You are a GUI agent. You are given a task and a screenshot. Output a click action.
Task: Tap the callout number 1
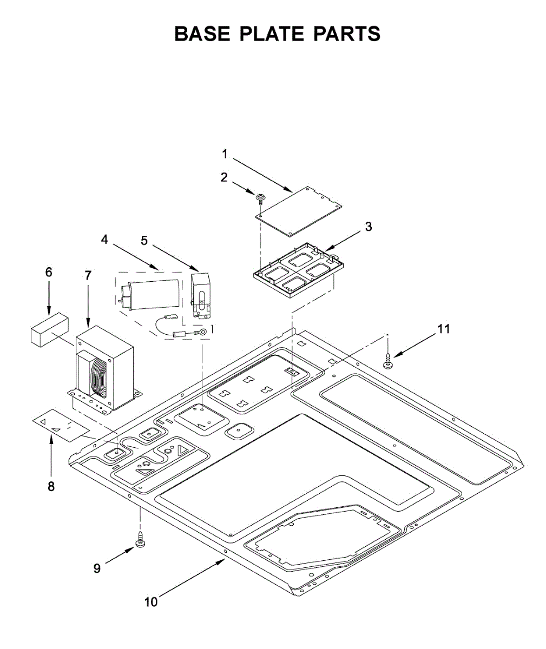[x=225, y=154]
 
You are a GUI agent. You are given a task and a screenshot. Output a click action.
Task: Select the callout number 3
[x=369, y=227]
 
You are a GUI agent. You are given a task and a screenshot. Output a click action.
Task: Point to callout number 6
[x=49, y=273]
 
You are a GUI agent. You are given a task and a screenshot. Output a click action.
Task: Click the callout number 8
[x=51, y=486]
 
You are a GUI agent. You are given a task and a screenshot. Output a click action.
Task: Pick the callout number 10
[x=151, y=601]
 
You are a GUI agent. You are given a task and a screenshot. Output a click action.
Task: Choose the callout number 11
[x=444, y=329]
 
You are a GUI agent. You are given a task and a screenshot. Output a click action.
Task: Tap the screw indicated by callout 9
[x=140, y=540]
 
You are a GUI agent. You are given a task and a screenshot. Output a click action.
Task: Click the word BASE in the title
[x=201, y=34]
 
